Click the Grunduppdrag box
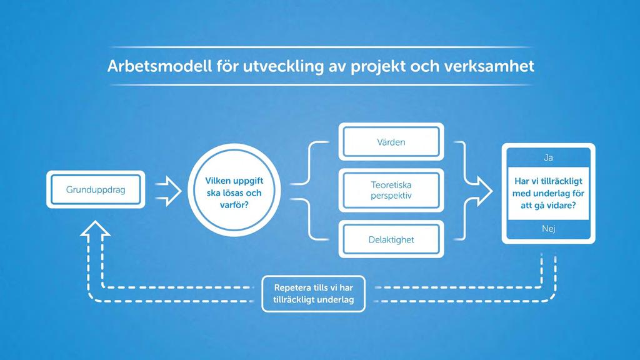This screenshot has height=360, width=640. pyautogui.click(x=96, y=189)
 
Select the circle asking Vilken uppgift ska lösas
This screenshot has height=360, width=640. pyautogui.click(x=234, y=190)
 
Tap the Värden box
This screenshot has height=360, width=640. pyautogui.click(x=391, y=142)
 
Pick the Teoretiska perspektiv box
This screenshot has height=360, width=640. pyautogui.click(x=391, y=190)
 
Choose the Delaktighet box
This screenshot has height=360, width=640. pyautogui.click(x=391, y=239)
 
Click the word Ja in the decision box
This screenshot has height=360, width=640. pyautogui.click(x=548, y=157)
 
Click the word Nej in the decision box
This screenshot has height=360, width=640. pyautogui.click(x=548, y=229)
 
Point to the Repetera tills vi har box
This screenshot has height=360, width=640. pyautogui.click(x=314, y=294)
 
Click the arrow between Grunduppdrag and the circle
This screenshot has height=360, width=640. pyautogui.click(x=168, y=191)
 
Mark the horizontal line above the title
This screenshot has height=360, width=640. pyautogui.click(x=321, y=47)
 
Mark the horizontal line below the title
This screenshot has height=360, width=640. pyautogui.click(x=321, y=84)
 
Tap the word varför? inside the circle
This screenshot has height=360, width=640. pyautogui.click(x=234, y=205)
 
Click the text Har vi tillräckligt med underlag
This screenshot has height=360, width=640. pyautogui.click(x=548, y=193)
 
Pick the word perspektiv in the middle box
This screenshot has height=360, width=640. pyautogui.click(x=391, y=196)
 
